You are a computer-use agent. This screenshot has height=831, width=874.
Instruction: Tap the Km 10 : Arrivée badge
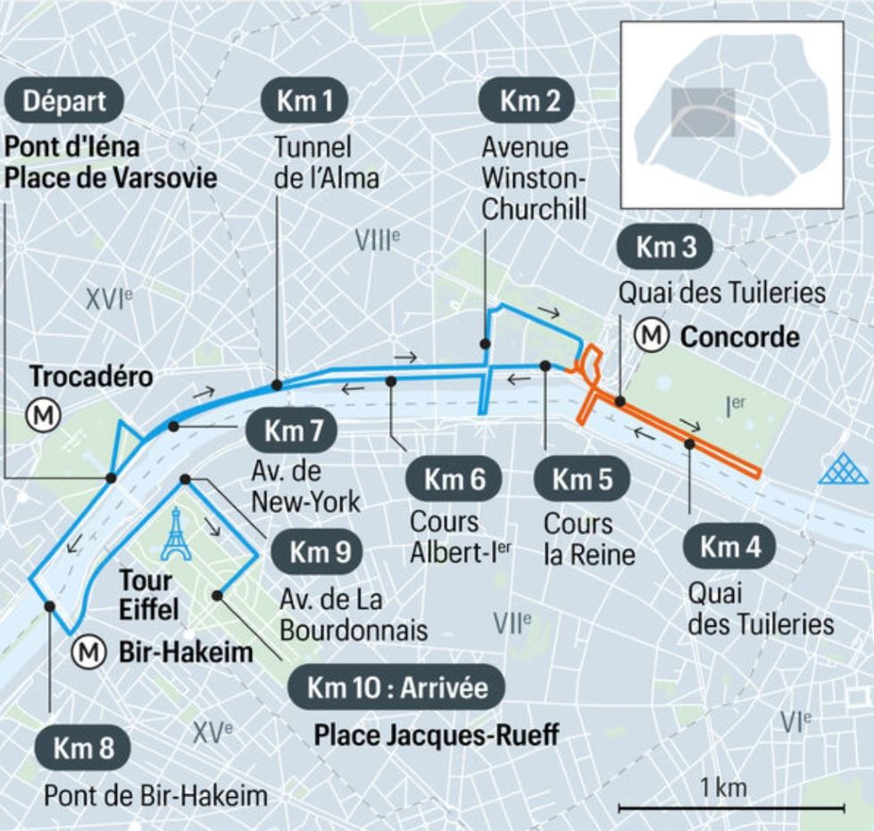pos(397,687)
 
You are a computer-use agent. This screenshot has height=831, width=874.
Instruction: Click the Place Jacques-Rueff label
pos(436,735)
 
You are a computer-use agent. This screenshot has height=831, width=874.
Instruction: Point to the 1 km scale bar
pos(731,808)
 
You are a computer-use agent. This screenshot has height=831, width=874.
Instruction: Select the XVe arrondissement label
pos(212,732)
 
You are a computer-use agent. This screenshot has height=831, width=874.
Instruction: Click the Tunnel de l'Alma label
pos(325,162)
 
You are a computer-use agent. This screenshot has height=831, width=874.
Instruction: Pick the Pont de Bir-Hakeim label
pos(155,794)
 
